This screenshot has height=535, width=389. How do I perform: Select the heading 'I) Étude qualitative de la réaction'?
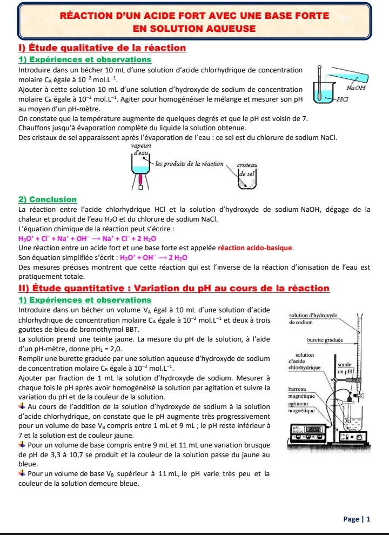103,48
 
